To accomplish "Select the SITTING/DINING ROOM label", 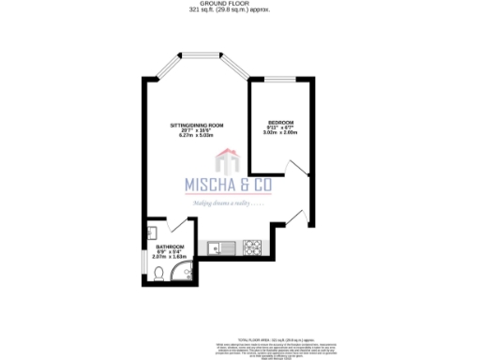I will [x=197, y=126].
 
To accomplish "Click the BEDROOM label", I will [x=280, y=123].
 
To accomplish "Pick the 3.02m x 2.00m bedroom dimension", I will [x=281, y=133].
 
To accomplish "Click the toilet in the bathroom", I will [x=160, y=275].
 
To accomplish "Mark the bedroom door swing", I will [x=298, y=169].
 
